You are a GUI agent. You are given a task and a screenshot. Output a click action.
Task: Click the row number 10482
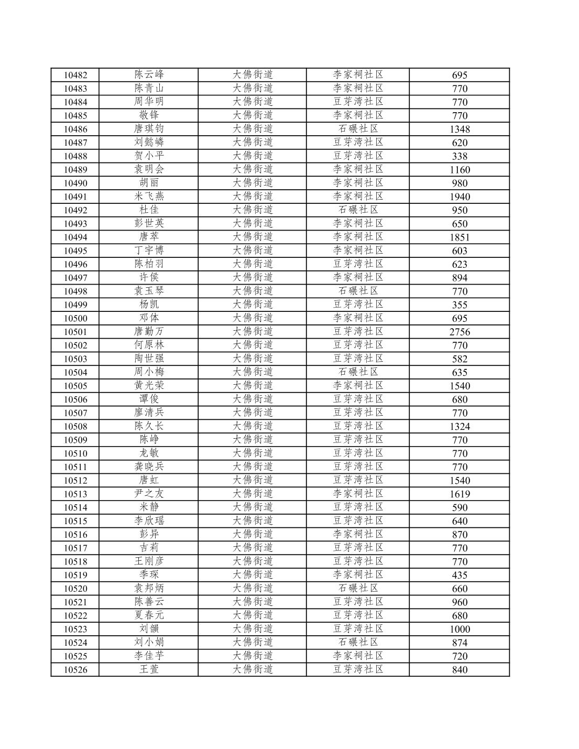point(75,75)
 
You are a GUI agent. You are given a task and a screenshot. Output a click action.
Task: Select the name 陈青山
point(149,88)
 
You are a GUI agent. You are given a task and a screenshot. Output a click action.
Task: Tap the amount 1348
point(460,129)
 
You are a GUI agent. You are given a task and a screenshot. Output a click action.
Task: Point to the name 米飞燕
point(149,196)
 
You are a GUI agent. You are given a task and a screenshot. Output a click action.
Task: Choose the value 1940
point(460,197)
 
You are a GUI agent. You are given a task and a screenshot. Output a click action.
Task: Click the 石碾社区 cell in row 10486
point(358,129)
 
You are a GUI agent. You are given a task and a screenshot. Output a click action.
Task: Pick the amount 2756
point(460,332)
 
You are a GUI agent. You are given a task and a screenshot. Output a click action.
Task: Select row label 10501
point(75,332)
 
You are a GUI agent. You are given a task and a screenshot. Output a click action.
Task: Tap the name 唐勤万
point(149,331)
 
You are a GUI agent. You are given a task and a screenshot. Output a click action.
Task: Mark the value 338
point(460,156)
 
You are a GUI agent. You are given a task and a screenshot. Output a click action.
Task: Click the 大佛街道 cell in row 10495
point(253,251)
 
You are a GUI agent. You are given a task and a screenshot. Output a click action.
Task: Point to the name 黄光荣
point(149,385)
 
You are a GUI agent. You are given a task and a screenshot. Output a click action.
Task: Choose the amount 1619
point(460,494)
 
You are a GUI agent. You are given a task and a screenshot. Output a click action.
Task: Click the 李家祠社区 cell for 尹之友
point(358,494)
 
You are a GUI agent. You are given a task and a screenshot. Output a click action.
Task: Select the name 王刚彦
point(149,561)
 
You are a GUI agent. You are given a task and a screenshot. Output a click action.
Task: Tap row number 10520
point(75,589)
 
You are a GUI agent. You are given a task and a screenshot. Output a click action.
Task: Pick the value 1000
point(460,629)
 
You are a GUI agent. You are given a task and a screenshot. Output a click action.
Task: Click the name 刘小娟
point(149,642)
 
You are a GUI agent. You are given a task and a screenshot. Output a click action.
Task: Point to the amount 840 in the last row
point(460,669)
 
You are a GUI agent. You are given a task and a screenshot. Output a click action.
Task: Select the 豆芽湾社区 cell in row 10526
point(358,669)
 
